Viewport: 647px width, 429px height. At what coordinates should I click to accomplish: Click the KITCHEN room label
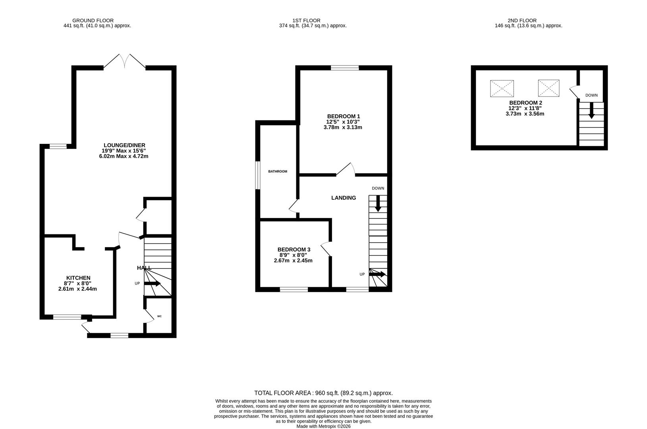[x=78, y=278]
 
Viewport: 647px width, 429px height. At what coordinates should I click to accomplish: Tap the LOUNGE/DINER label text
[x=124, y=145]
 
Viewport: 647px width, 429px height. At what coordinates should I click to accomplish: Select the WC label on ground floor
[x=159, y=316]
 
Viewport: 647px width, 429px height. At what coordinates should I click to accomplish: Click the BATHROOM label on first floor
[x=277, y=171]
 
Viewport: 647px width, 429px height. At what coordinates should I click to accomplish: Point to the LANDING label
[x=344, y=198]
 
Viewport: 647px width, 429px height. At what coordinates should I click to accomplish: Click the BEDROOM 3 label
[x=294, y=249]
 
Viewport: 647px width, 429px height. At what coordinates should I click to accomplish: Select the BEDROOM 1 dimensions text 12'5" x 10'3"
[x=343, y=122]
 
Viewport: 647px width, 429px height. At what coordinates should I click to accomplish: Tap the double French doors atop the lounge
[x=124, y=62]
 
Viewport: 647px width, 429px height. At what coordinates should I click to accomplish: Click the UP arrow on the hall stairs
[x=152, y=284]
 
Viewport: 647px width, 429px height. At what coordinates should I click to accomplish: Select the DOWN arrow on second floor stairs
[x=591, y=111]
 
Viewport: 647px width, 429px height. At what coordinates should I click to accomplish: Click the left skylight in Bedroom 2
[x=502, y=88]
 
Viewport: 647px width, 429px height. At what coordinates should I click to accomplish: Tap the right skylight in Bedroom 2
[x=549, y=88]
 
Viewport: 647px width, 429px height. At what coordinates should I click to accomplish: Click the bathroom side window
[x=257, y=175]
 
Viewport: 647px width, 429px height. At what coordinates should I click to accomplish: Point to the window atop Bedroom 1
[x=345, y=68]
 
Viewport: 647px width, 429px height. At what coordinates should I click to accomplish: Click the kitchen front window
[x=67, y=317]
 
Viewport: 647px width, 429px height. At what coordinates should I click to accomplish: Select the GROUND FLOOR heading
[x=93, y=20]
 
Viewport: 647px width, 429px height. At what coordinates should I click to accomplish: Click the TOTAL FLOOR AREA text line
[x=323, y=393]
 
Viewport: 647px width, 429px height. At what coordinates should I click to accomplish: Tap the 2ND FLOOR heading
[x=522, y=20]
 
